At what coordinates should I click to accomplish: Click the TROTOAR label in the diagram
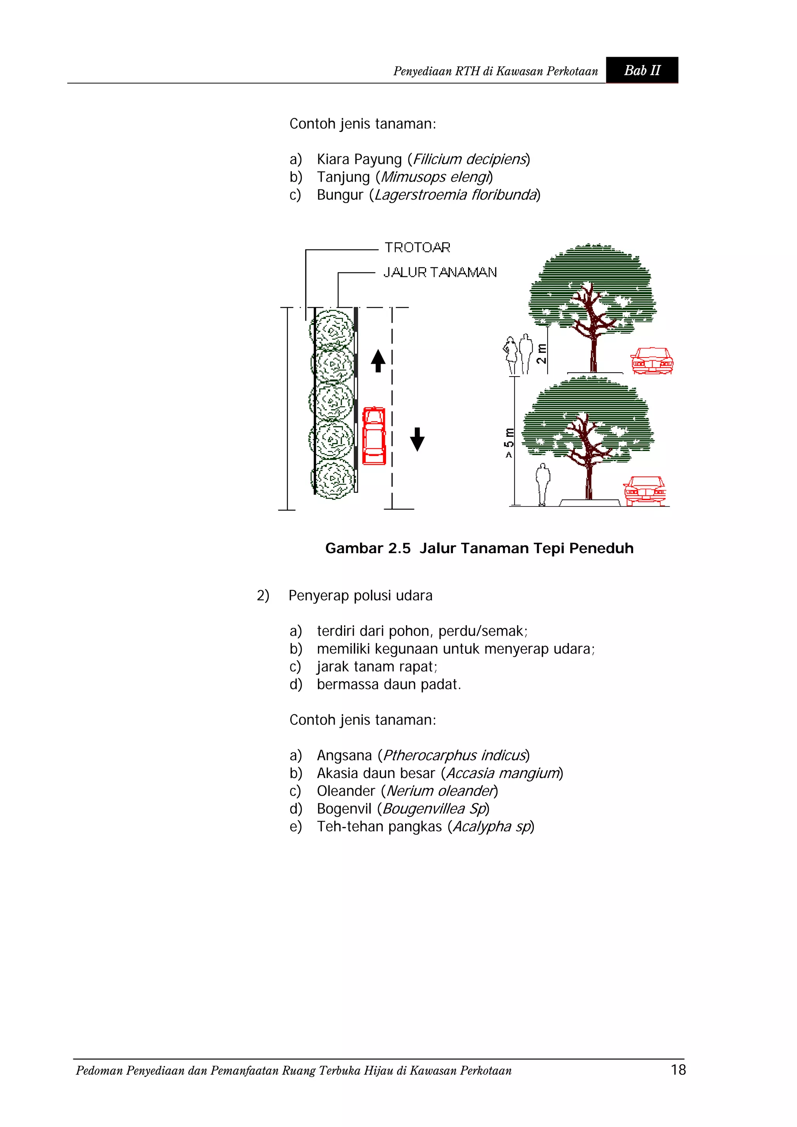pyautogui.click(x=417, y=247)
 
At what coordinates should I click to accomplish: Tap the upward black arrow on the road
pyautogui.click(x=377, y=361)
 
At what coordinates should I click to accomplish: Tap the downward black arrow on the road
pyautogui.click(x=417, y=439)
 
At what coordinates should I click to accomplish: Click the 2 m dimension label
pyautogui.click(x=541, y=353)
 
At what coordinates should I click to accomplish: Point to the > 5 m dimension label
pyautogui.click(x=509, y=443)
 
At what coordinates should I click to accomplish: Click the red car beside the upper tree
pyautogui.click(x=651, y=361)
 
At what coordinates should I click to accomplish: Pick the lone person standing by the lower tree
pyautogui.click(x=542, y=484)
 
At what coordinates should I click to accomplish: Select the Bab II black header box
pyautogui.click(x=641, y=70)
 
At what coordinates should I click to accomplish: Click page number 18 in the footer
pyautogui.click(x=678, y=1069)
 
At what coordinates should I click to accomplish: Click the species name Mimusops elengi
pyautogui.click(x=435, y=177)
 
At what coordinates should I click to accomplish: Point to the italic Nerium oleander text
pyautogui.click(x=439, y=791)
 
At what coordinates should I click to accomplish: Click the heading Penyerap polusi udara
pyautogui.click(x=360, y=596)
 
